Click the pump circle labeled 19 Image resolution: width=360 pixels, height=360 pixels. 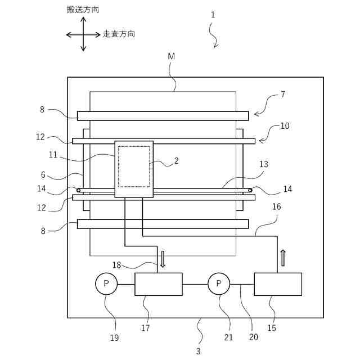coord(106,284)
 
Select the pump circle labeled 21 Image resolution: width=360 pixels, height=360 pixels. coord(219,284)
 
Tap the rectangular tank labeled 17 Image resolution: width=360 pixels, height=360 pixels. coord(158,284)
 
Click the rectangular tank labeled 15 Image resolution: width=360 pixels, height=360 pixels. coord(278,284)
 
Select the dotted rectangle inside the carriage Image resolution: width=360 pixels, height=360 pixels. coord(134,166)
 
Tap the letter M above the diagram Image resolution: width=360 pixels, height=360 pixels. coord(171,56)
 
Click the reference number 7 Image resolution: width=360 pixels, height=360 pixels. coord(282,94)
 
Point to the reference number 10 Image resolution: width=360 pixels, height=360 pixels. coord(285,126)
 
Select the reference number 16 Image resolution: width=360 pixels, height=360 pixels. coord(276,207)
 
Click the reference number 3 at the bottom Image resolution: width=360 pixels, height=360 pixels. coord(198,351)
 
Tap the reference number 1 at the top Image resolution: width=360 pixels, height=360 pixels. coord(213,15)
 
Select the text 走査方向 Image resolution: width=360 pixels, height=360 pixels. coord(119,34)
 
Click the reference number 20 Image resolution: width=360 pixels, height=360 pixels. coord(253,337)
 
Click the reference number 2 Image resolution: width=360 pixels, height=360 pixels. coord(176,161)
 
